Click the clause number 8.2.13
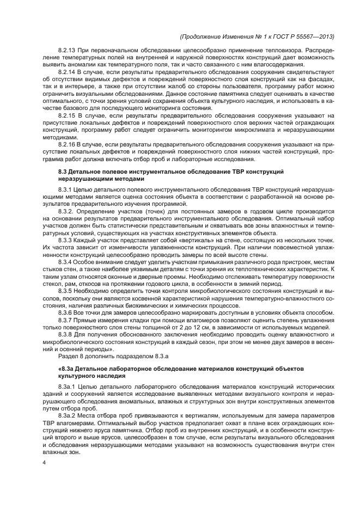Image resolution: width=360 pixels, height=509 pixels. point(68,50)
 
